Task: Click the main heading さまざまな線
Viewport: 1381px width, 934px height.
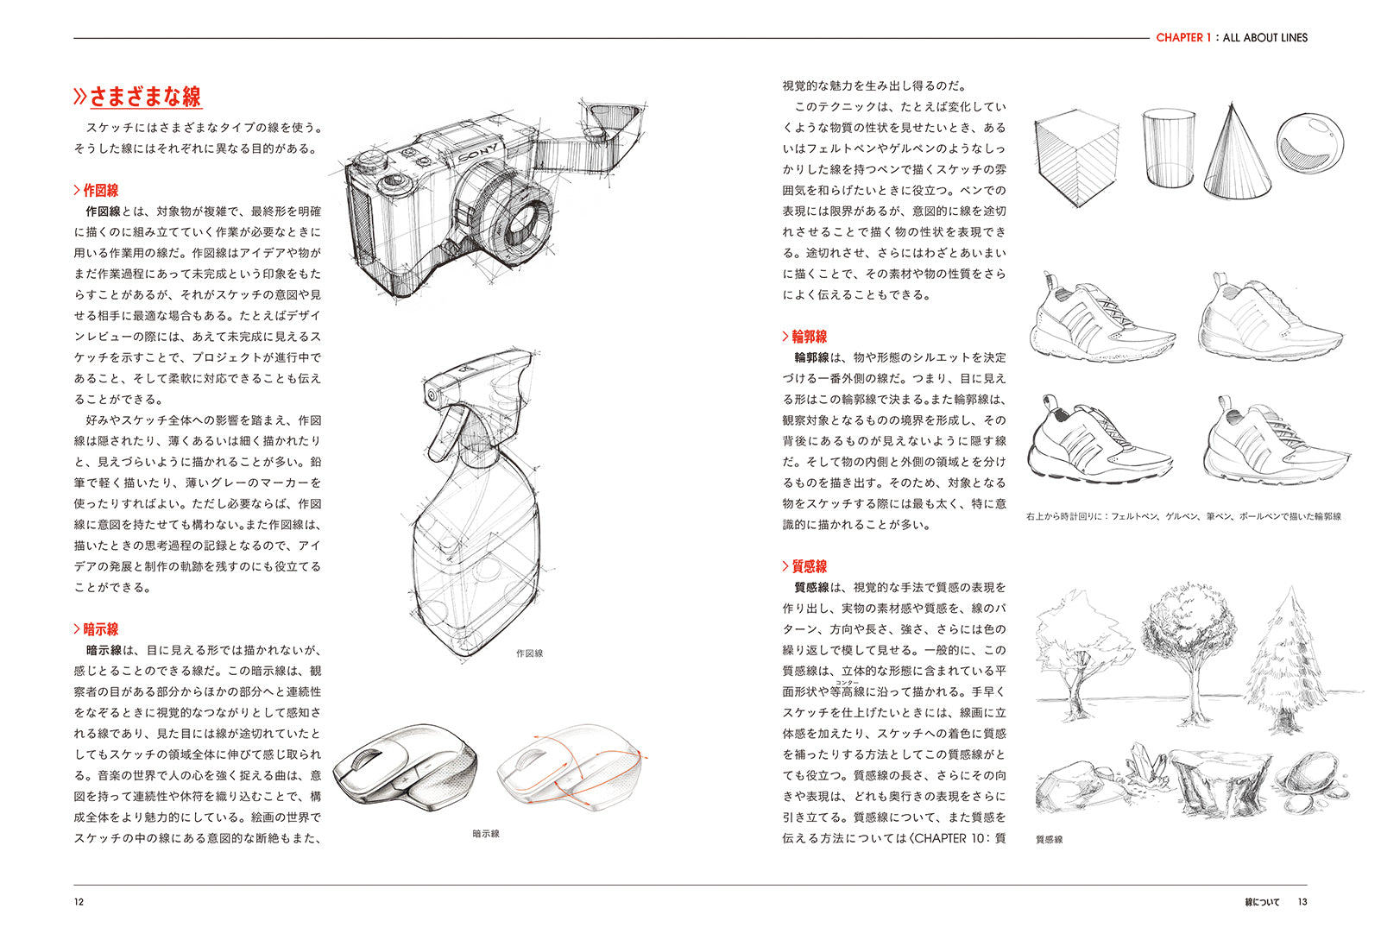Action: point(145,96)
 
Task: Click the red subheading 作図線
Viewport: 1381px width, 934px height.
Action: point(100,190)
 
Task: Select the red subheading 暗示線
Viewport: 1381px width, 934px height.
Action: point(100,629)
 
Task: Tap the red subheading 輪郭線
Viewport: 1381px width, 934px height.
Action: point(809,337)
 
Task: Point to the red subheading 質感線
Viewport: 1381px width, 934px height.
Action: point(809,566)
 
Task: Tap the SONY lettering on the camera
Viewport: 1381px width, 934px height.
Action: point(477,155)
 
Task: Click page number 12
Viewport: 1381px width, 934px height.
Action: point(79,902)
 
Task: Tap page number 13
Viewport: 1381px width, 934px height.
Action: point(1302,902)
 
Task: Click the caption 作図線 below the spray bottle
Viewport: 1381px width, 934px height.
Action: point(529,653)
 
